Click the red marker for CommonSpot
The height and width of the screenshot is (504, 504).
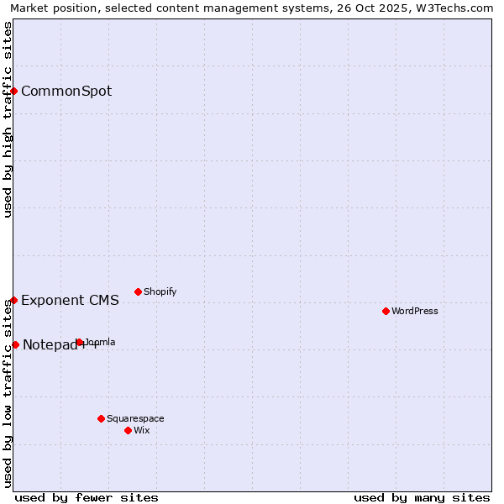click(14, 91)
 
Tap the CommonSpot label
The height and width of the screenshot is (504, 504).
click(66, 91)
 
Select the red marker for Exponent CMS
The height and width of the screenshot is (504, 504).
click(14, 300)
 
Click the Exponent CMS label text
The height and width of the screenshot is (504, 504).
click(70, 300)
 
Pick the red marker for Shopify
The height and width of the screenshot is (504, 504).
click(138, 291)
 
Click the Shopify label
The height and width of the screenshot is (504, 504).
click(160, 291)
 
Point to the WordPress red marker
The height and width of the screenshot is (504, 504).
click(386, 311)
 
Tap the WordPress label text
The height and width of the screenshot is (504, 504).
click(414, 311)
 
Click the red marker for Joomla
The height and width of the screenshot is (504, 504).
click(79, 342)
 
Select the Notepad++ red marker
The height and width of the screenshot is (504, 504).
click(15, 344)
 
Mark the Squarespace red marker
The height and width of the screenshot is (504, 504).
click(101, 418)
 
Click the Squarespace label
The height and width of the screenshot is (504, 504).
click(135, 418)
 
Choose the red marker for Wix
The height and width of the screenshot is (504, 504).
click(128, 430)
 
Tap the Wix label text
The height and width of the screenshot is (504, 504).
click(141, 430)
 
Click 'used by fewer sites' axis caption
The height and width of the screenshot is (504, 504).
click(87, 497)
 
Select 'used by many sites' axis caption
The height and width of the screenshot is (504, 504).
click(422, 497)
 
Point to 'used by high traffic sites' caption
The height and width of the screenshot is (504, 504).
click(8, 119)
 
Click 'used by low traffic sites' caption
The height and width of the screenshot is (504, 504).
click(8, 392)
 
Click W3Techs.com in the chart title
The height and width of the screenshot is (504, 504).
click(454, 8)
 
